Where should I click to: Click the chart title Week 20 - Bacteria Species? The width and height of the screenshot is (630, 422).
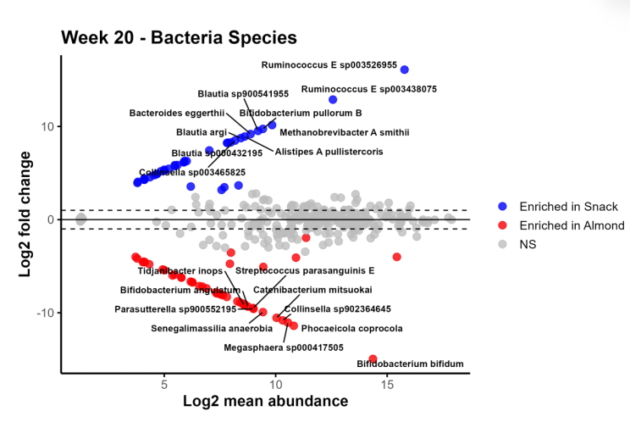(x=179, y=37)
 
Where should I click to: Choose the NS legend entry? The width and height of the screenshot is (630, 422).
(x=528, y=244)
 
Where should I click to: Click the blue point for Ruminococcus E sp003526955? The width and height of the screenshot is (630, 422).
(x=404, y=69)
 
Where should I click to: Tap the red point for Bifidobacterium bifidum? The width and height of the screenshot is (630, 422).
(x=373, y=359)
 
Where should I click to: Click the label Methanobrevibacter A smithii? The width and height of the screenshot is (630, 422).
(x=344, y=132)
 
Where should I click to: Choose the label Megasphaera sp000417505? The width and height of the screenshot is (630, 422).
(x=284, y=347)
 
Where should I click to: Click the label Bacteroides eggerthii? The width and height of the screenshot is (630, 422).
(x=177, y=113)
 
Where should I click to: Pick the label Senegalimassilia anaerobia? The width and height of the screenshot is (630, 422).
(x=212, y=328)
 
